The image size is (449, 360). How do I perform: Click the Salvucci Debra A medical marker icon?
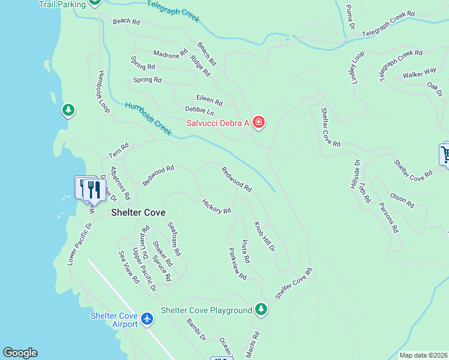coord(259,122)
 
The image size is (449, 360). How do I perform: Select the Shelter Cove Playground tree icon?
coord(261,310)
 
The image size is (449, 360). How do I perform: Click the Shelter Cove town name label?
coord(138,213)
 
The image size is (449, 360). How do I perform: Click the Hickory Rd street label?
coord(217,206)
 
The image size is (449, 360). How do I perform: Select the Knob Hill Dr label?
coord(264,236)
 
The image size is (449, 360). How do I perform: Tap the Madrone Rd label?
coord(170,54)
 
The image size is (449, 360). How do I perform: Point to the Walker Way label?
coord(420,74)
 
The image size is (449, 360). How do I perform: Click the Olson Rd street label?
coord(402,200)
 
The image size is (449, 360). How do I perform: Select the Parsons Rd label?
coord(388,217)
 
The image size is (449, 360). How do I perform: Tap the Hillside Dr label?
coord(354,175)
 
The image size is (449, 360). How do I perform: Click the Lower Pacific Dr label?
coord(80,245)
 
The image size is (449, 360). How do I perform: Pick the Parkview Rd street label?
coord(238,264)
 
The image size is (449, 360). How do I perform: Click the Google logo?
coord(20,353)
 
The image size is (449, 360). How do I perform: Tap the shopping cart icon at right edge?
coord(445,154)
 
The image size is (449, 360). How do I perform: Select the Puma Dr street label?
coord(350,18)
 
